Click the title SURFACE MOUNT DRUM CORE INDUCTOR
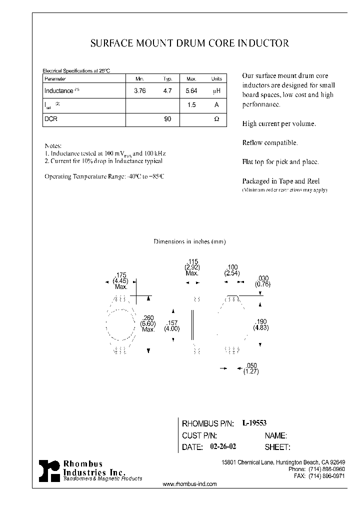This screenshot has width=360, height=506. click(189, 43)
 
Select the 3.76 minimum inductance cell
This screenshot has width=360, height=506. click(139, 91)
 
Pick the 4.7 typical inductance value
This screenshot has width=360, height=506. click(167, 91)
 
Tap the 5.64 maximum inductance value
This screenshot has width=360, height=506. click(191, 91)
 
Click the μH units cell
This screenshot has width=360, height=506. click(216, 91)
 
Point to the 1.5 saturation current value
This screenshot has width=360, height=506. click(191, 105)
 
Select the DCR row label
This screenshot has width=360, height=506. click(51, 120)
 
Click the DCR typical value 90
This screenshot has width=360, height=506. click(167, 120)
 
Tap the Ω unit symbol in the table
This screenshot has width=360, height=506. click(216, 120)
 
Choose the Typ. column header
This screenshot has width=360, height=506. click(167, 79)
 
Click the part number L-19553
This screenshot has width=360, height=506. click(254, 423)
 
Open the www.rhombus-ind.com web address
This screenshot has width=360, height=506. click(190, 484)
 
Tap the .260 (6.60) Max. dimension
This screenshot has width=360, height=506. click(148, 323)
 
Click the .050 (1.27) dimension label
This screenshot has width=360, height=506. click(250, 368)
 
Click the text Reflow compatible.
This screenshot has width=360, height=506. click(270, 143)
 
